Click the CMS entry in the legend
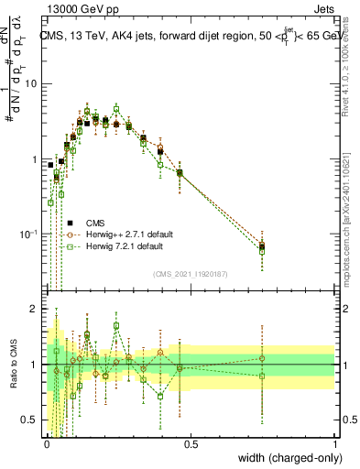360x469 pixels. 94,223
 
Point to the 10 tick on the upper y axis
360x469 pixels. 32,84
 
